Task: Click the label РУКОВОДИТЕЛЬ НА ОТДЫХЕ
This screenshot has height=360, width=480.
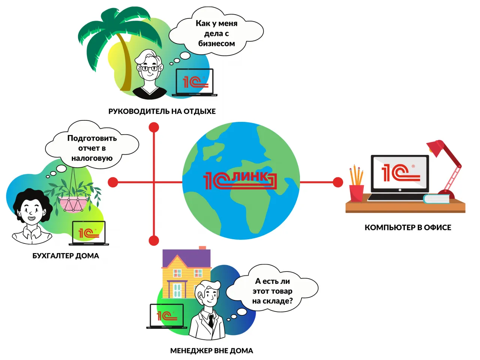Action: (x=162, y=111)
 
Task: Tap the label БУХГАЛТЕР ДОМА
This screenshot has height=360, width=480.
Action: (x=66, y=256)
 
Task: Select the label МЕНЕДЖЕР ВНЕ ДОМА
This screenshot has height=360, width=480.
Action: (x=211, y=351)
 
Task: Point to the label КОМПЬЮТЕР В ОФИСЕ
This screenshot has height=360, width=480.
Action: (x=408, y=227)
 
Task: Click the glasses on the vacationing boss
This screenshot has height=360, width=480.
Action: (x=149, y=69)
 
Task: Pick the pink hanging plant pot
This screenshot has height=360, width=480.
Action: (x=73, y=204)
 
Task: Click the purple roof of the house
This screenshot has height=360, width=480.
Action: (x=186, y=259)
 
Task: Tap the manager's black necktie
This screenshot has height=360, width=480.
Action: (x=211, y=321)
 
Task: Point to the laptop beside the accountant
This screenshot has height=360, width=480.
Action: (x=88, y=233)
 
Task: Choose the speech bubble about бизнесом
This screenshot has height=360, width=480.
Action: (x=216, y=33)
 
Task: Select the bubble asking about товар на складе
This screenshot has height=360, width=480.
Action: (x=272, y=291)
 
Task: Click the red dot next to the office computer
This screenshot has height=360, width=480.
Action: (x=338, y=182)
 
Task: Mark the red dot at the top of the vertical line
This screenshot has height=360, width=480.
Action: (x=154, y=127)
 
